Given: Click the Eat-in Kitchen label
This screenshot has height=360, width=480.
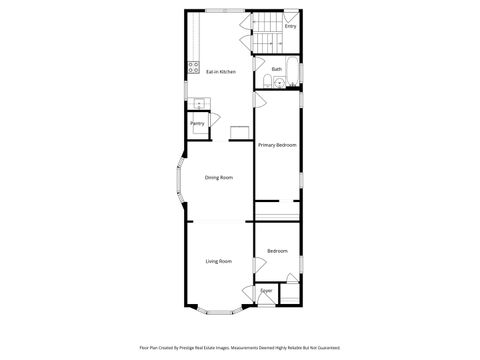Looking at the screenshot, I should point(220,72).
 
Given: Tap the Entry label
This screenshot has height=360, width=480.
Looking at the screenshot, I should point(290,27).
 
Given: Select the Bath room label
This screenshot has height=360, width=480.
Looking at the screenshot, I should point(276,69).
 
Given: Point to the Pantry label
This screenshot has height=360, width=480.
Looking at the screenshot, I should point(197,123).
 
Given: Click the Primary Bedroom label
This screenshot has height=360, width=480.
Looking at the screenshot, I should point(277,145).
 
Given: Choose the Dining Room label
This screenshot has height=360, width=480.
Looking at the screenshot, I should point(219,178).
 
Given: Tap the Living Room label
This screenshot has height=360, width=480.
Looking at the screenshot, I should point(219,261).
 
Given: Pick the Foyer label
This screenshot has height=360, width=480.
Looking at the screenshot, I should point(266,291).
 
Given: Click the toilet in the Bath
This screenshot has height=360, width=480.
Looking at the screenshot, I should point(276,81).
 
